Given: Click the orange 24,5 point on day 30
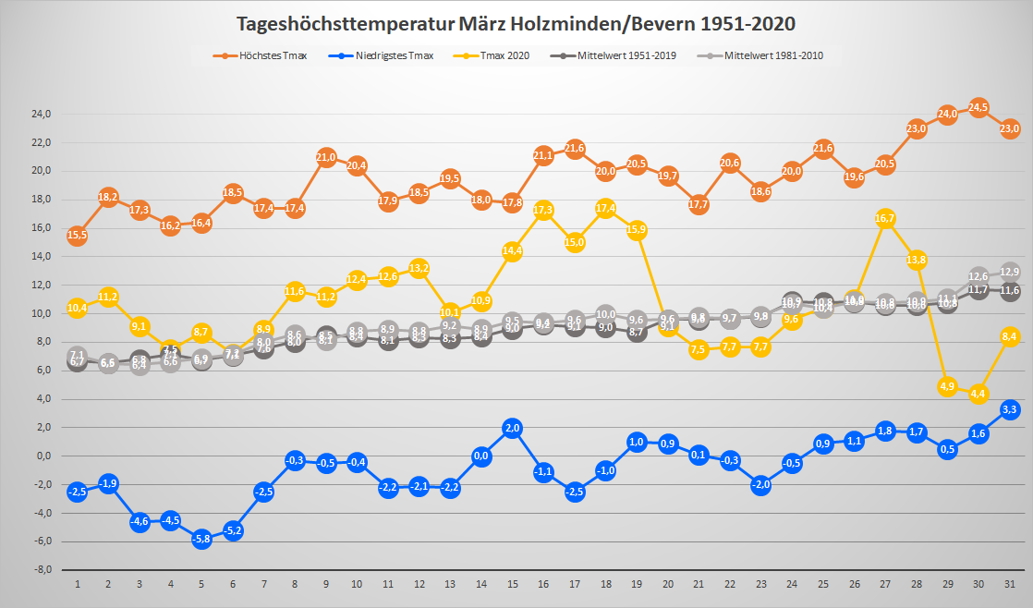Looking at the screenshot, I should click(x=978, y=107).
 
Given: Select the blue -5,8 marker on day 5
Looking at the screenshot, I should click(x=201, y=539).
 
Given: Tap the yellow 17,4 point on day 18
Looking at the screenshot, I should click(x=606, y=208).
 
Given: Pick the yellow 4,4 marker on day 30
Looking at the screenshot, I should click(x=978, y=394).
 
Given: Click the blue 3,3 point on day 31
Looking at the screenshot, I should click(x=1010, y=408).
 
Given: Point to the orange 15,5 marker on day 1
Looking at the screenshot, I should click(x=78, y=236).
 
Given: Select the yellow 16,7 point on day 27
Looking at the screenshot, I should click(x=885, y=218).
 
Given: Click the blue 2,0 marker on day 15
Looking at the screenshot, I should click(x=513, y=427).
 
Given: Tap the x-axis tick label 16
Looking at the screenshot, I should click(x=543, y=585).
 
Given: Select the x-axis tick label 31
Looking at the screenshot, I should click(x=1009, y=585).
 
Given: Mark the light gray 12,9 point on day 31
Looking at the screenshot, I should click(x=1010, y=272).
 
